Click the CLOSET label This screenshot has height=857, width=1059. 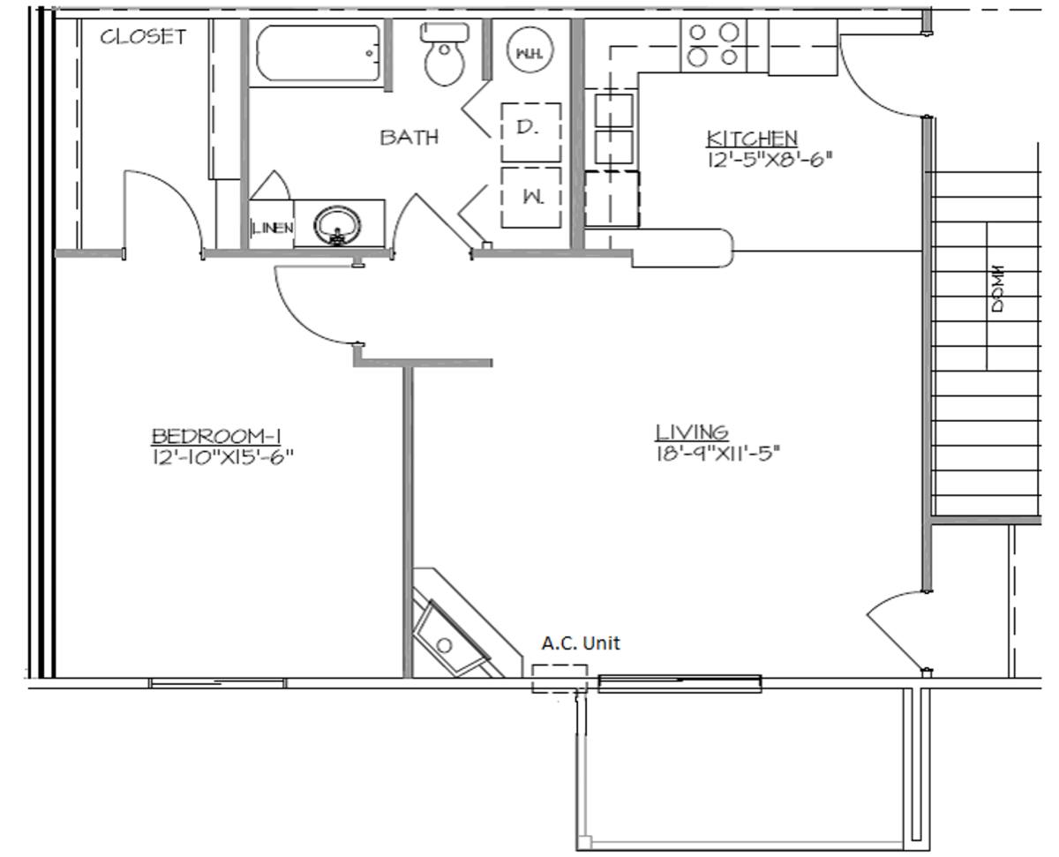tap(143, 36)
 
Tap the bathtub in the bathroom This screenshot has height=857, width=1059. tap(319, 53)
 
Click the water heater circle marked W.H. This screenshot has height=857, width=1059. tap(530, 49)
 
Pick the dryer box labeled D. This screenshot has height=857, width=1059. tap(530, 132)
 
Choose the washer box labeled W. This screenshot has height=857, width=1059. tap(530, 198)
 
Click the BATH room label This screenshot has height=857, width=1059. tap(409, 137)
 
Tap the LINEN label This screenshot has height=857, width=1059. tap(273, 229)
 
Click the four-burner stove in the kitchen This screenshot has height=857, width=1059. tap(713, 45)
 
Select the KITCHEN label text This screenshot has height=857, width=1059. tap(752, 139)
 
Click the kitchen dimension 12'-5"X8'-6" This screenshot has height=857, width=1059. tap(770, 160)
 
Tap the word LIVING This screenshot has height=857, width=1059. tap(692, 432)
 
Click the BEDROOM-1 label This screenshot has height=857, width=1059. tap(216, 436)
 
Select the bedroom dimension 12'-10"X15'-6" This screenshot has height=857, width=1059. tap(222, 456)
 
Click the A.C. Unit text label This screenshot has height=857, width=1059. tap(581, 643)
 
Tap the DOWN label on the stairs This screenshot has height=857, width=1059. tap(997, 289)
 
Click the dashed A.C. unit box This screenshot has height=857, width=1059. tap(560, 679)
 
